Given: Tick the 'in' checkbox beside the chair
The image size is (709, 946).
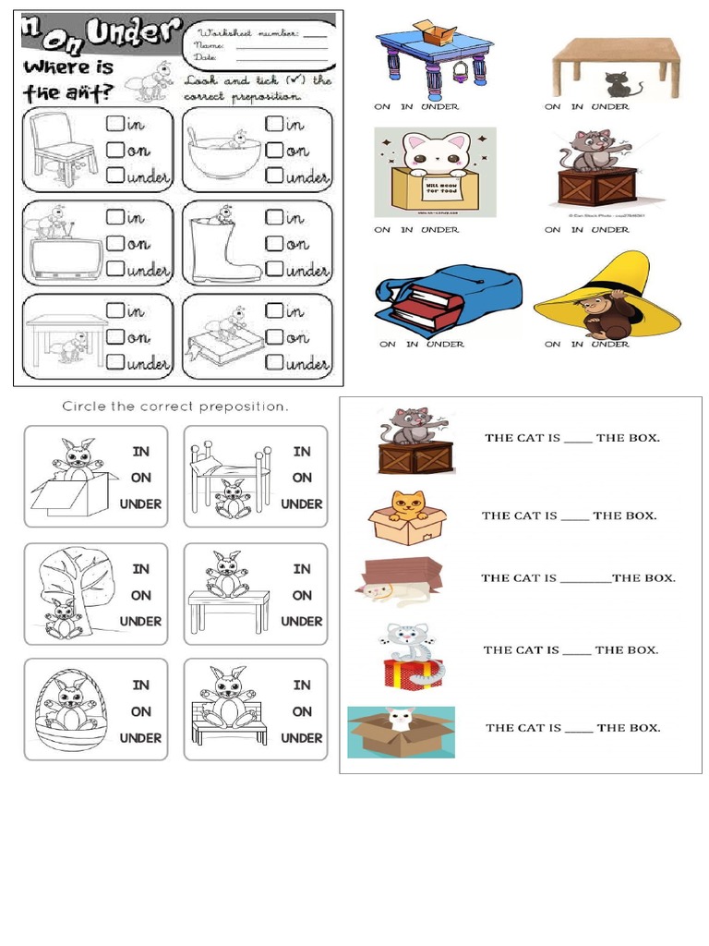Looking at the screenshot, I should point(114,123).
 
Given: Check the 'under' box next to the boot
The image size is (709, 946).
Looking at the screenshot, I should point(274,270).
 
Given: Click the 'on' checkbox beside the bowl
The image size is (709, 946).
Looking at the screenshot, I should point(274,150).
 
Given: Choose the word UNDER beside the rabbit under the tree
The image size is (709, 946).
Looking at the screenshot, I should point(140,621).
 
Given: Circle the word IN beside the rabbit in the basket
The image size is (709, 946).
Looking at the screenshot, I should point(140,685).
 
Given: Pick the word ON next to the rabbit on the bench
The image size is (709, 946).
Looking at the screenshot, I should point(302,711).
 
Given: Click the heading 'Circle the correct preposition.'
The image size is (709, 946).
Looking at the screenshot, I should point(175,406).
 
